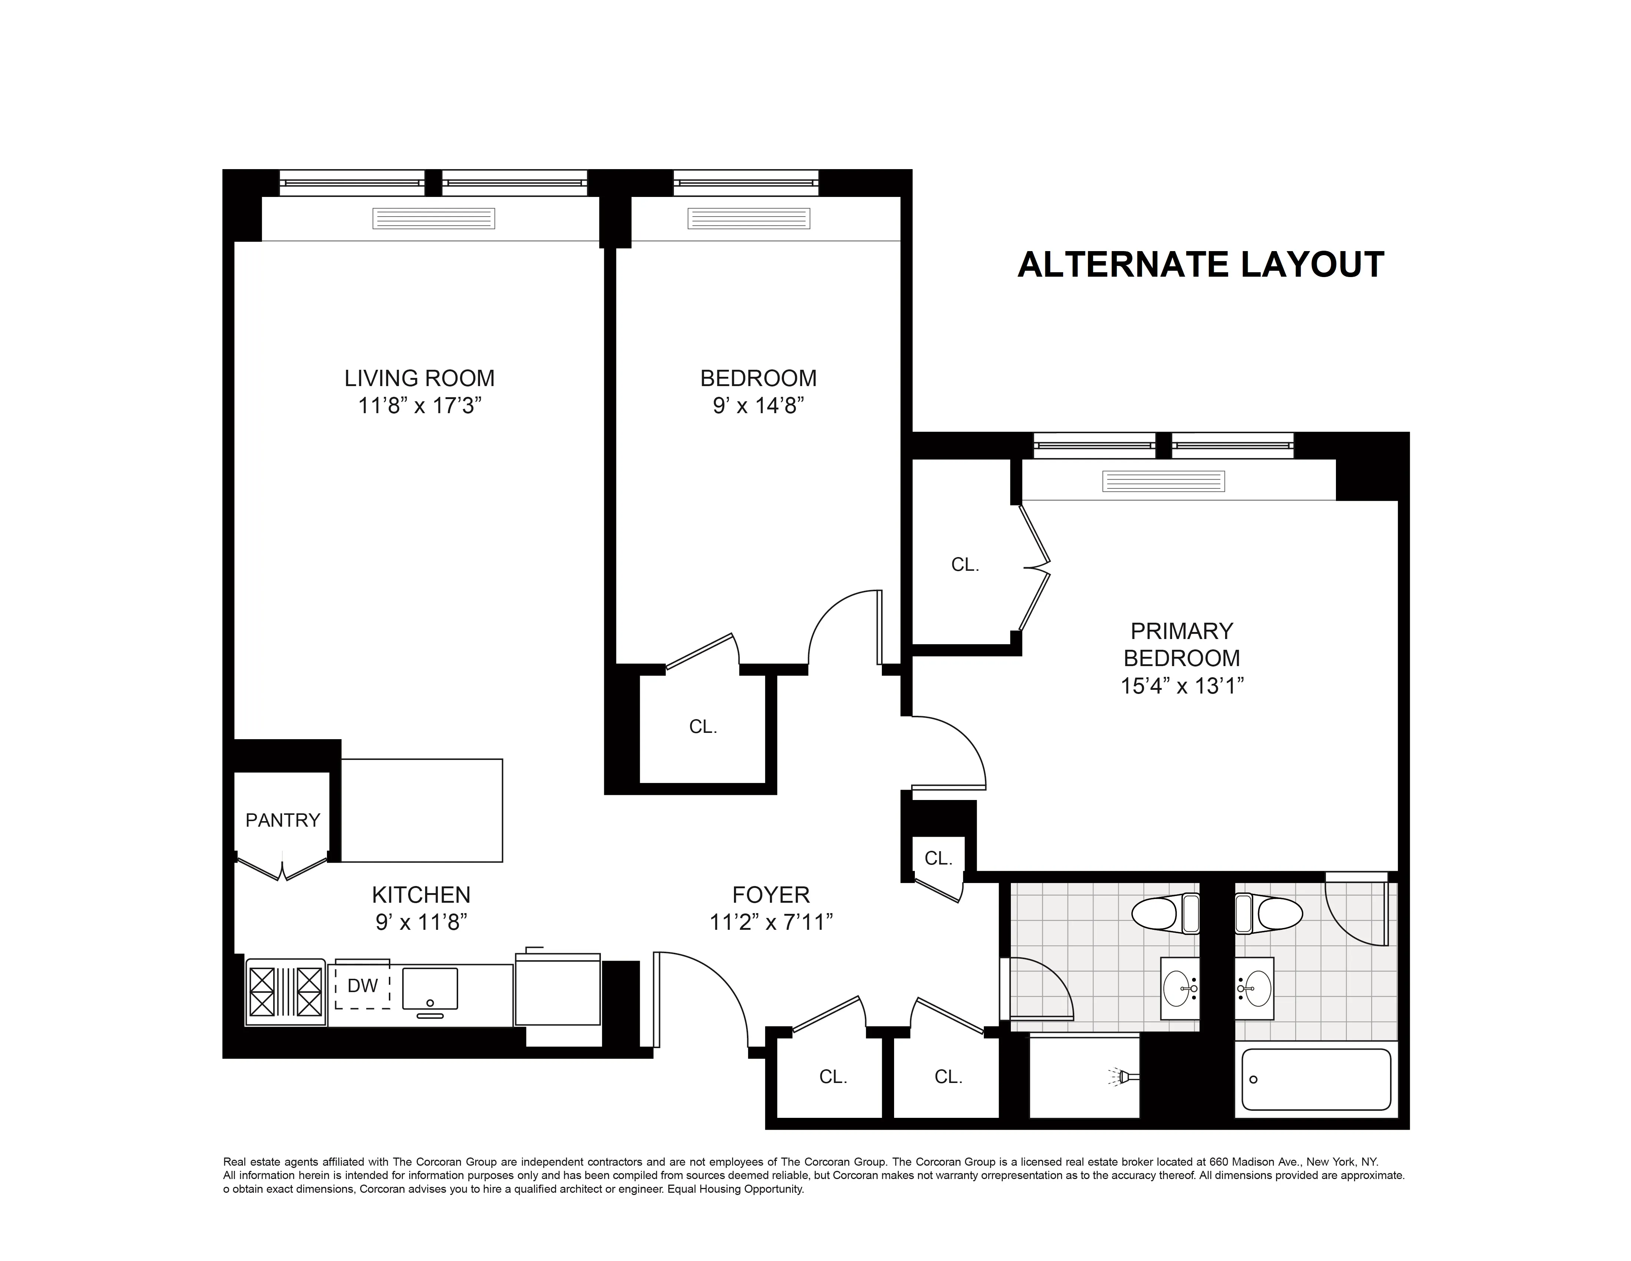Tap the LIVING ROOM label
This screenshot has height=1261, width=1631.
coord(419,378)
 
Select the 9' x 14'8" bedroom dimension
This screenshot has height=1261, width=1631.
coord(758,406)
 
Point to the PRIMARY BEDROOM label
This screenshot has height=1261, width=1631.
coord(1181,644)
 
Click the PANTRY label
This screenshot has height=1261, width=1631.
coord(282,820)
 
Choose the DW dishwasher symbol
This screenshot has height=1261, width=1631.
coord(362,985)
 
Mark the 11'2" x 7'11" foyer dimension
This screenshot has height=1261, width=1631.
coord(771,923)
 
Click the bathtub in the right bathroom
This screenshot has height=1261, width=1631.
coord(1316,1080)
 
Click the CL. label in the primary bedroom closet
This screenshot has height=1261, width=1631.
coord(965,565)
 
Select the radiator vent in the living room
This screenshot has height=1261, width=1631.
coord(434,218)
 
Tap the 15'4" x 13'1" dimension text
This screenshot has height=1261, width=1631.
coord(1181,686)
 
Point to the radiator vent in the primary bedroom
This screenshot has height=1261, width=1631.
coord(1163,481)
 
